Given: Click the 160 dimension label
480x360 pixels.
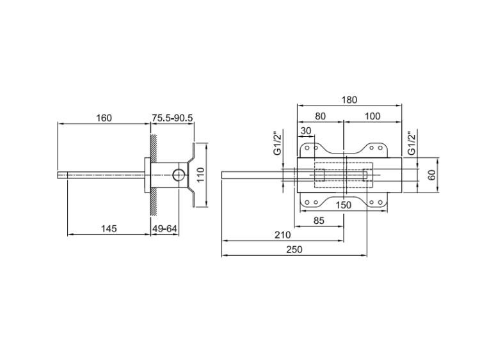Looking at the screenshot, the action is pos(104,118).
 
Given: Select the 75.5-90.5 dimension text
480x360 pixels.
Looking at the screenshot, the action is pos(173,118).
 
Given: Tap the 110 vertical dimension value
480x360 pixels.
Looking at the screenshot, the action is pos(200,175).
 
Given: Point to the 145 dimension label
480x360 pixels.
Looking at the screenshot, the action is pos(109,228).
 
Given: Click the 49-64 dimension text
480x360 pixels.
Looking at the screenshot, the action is pos(165,228).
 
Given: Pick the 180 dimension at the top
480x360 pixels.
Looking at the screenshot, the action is pos(349,100).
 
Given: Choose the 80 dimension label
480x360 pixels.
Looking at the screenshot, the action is pos(320,116).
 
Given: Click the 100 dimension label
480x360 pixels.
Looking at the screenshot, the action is pos(372,116).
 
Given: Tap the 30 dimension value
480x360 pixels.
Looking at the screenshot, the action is pos(306,131).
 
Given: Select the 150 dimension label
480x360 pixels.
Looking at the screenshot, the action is pos(344,205).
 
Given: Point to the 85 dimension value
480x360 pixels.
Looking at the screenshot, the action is pos(319,221).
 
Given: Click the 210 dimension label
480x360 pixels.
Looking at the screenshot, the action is pos(282,235).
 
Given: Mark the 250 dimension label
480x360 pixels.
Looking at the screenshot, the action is pos(294,249).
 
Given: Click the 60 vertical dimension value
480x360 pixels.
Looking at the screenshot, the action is pos(431,175).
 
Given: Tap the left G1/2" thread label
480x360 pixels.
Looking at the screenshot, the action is pos(277,143).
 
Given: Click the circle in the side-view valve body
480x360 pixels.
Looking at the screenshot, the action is pos(179,175).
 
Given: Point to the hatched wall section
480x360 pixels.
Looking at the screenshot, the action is pos(154,175).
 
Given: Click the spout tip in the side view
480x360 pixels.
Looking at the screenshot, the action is pos(58,175).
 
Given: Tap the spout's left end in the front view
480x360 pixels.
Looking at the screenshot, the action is pos(222,175).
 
